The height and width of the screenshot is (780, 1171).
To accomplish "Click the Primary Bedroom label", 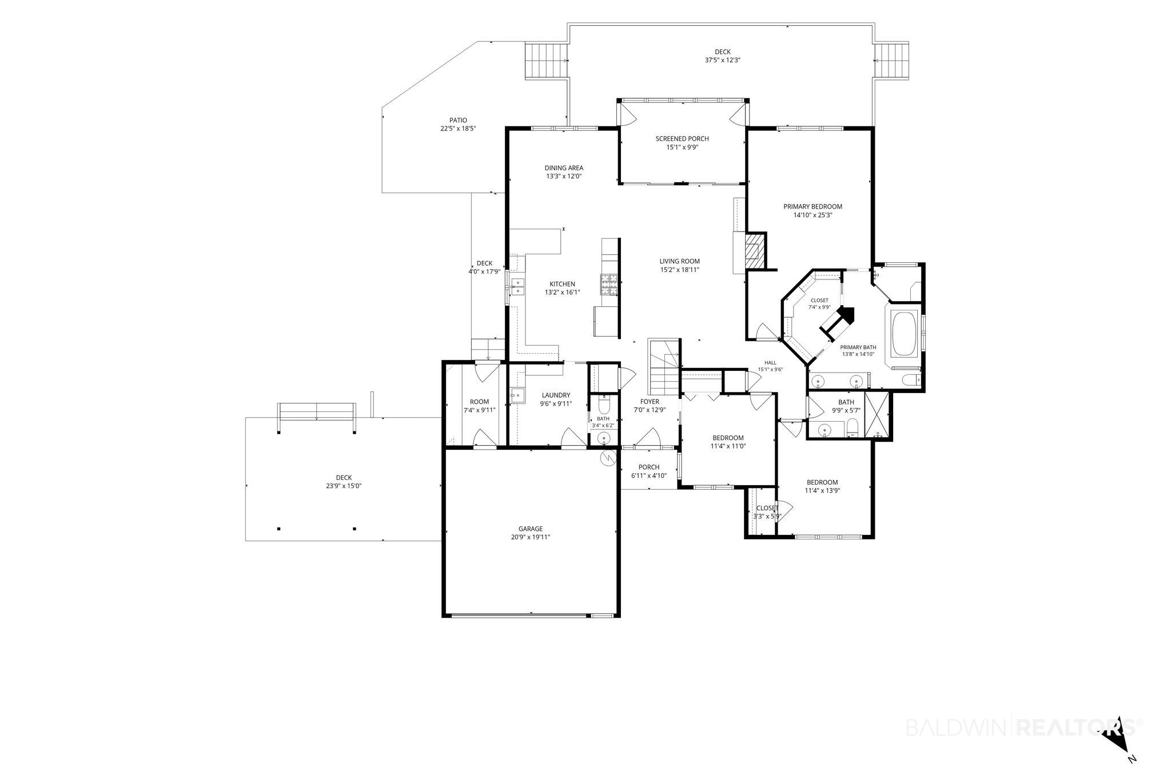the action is coord(812,207).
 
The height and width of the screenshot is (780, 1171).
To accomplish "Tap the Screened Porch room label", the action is coord(682,139).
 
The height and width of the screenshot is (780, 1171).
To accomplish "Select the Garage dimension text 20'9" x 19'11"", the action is coord(531,537).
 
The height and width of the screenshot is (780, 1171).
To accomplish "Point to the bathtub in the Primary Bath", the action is coord(903,335).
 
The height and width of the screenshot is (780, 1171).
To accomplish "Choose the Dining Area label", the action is coord(564,168).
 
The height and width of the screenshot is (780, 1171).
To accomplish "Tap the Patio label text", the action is coord(458,121).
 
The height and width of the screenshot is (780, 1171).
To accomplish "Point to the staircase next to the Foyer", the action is coord(664,369).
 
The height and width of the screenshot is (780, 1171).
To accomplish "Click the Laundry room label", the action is coord(556,395).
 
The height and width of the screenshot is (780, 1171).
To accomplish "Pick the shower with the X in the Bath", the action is coord(878,415).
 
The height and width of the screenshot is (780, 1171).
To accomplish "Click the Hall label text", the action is coord(770,362).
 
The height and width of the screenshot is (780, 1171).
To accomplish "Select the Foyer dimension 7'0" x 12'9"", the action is coord(650,410).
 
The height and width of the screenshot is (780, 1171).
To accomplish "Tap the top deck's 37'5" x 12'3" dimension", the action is coord(723,60).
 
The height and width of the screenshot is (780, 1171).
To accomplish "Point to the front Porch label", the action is coord(649,467).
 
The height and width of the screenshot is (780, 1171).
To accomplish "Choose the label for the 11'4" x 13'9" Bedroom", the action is coord(822,482).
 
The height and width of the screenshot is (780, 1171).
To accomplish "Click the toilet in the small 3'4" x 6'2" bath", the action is coord(603,407).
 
